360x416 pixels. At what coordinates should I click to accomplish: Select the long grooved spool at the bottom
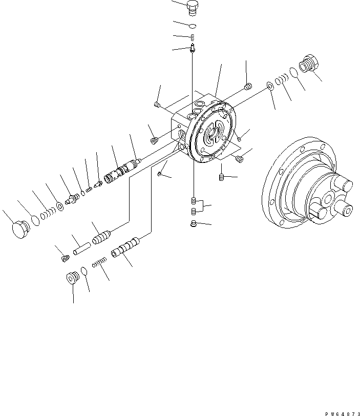pos(126,250)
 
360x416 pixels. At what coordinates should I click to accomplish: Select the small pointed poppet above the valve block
pos(192,49)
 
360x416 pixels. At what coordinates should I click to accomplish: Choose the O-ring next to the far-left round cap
pos(34,220)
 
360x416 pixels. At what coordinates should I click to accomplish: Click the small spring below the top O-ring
pos(193,36)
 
